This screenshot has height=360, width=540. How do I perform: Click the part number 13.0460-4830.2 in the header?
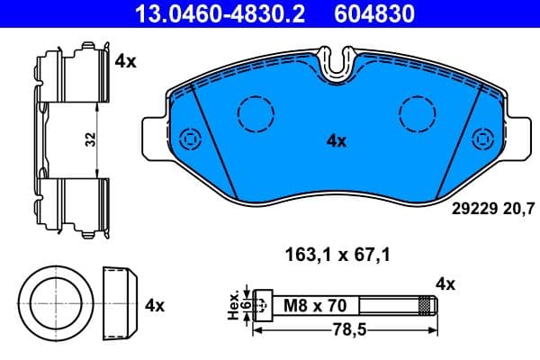click(x=209, y=13)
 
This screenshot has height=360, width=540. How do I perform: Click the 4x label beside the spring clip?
click(x=125, y=62)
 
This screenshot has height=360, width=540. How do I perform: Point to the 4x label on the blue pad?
click(x=336, y=140)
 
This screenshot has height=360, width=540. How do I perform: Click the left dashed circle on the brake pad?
click(x=255, y=114)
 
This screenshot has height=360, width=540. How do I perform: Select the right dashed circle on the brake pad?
click(x=417, y=114)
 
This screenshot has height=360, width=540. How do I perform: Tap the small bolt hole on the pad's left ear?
click(x=189, y=139)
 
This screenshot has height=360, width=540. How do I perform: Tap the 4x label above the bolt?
click(x=445, y=284)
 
